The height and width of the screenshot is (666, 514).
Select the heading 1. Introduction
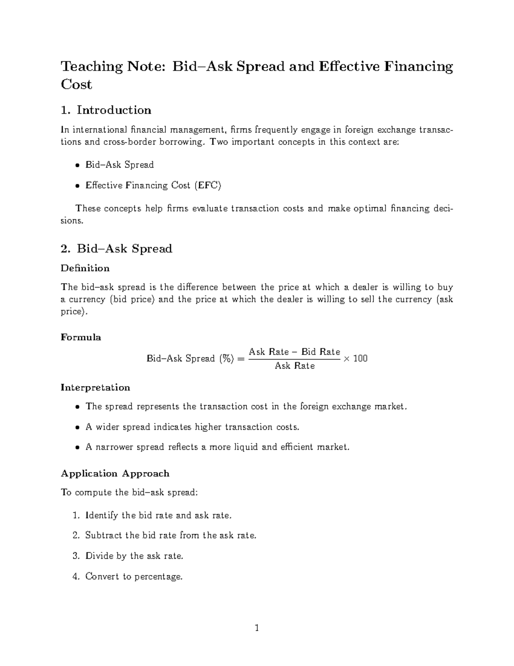click(x=106, y=110)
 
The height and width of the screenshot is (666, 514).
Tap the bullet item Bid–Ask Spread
click(x=120, y=165)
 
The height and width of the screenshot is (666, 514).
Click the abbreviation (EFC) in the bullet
click(x=208, y=186)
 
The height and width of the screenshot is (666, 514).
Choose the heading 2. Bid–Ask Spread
click(x=116, y=249)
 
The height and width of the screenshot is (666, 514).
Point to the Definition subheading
click(x=85, y=268)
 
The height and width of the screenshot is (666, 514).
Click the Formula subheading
click(x=81, y=338)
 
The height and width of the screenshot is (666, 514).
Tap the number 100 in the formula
click(x=360, y=359)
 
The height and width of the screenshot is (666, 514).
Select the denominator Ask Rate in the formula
click(x=295, y=366)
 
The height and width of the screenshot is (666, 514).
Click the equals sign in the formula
click(x=240, y=359)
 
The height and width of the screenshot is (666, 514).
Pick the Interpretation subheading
click(x=95, y=388)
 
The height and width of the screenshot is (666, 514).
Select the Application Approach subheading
click(x=115, y=473)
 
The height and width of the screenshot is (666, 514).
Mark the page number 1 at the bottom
click(x=257, y=629)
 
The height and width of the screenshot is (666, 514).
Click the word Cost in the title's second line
click(x=76, y=84)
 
